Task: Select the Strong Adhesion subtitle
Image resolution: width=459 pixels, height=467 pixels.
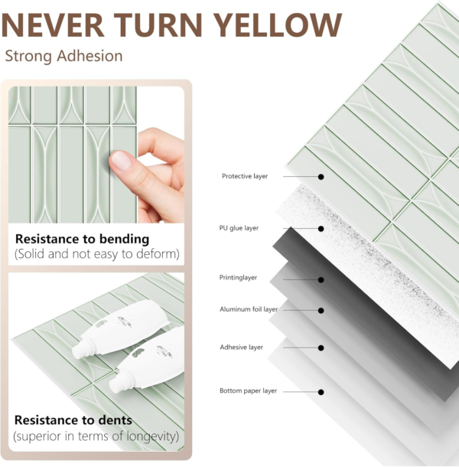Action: (x=63, y=57)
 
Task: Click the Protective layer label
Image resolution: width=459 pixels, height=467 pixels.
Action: (x=245, y=176)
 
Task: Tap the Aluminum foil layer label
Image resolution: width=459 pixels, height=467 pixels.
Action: (x=248, y=309)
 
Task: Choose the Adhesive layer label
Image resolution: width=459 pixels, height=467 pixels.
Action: (x=241, y=347)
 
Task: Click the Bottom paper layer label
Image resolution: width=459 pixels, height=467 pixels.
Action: (x=248, y=391)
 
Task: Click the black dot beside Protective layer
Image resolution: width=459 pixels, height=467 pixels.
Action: (x=321, y=176)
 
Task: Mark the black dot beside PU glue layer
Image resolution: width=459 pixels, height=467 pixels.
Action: (x=321, y=228)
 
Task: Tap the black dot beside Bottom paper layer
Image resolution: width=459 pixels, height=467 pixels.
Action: (x=321, y=391)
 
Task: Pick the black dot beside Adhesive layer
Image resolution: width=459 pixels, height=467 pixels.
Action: (x=321, y=347)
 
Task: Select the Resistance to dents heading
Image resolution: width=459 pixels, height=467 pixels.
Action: (x=73, y=420)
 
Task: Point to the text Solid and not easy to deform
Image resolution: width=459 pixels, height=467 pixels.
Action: (x=96, y=254)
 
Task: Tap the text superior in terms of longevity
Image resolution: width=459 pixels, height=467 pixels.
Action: (x=96, y=436)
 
